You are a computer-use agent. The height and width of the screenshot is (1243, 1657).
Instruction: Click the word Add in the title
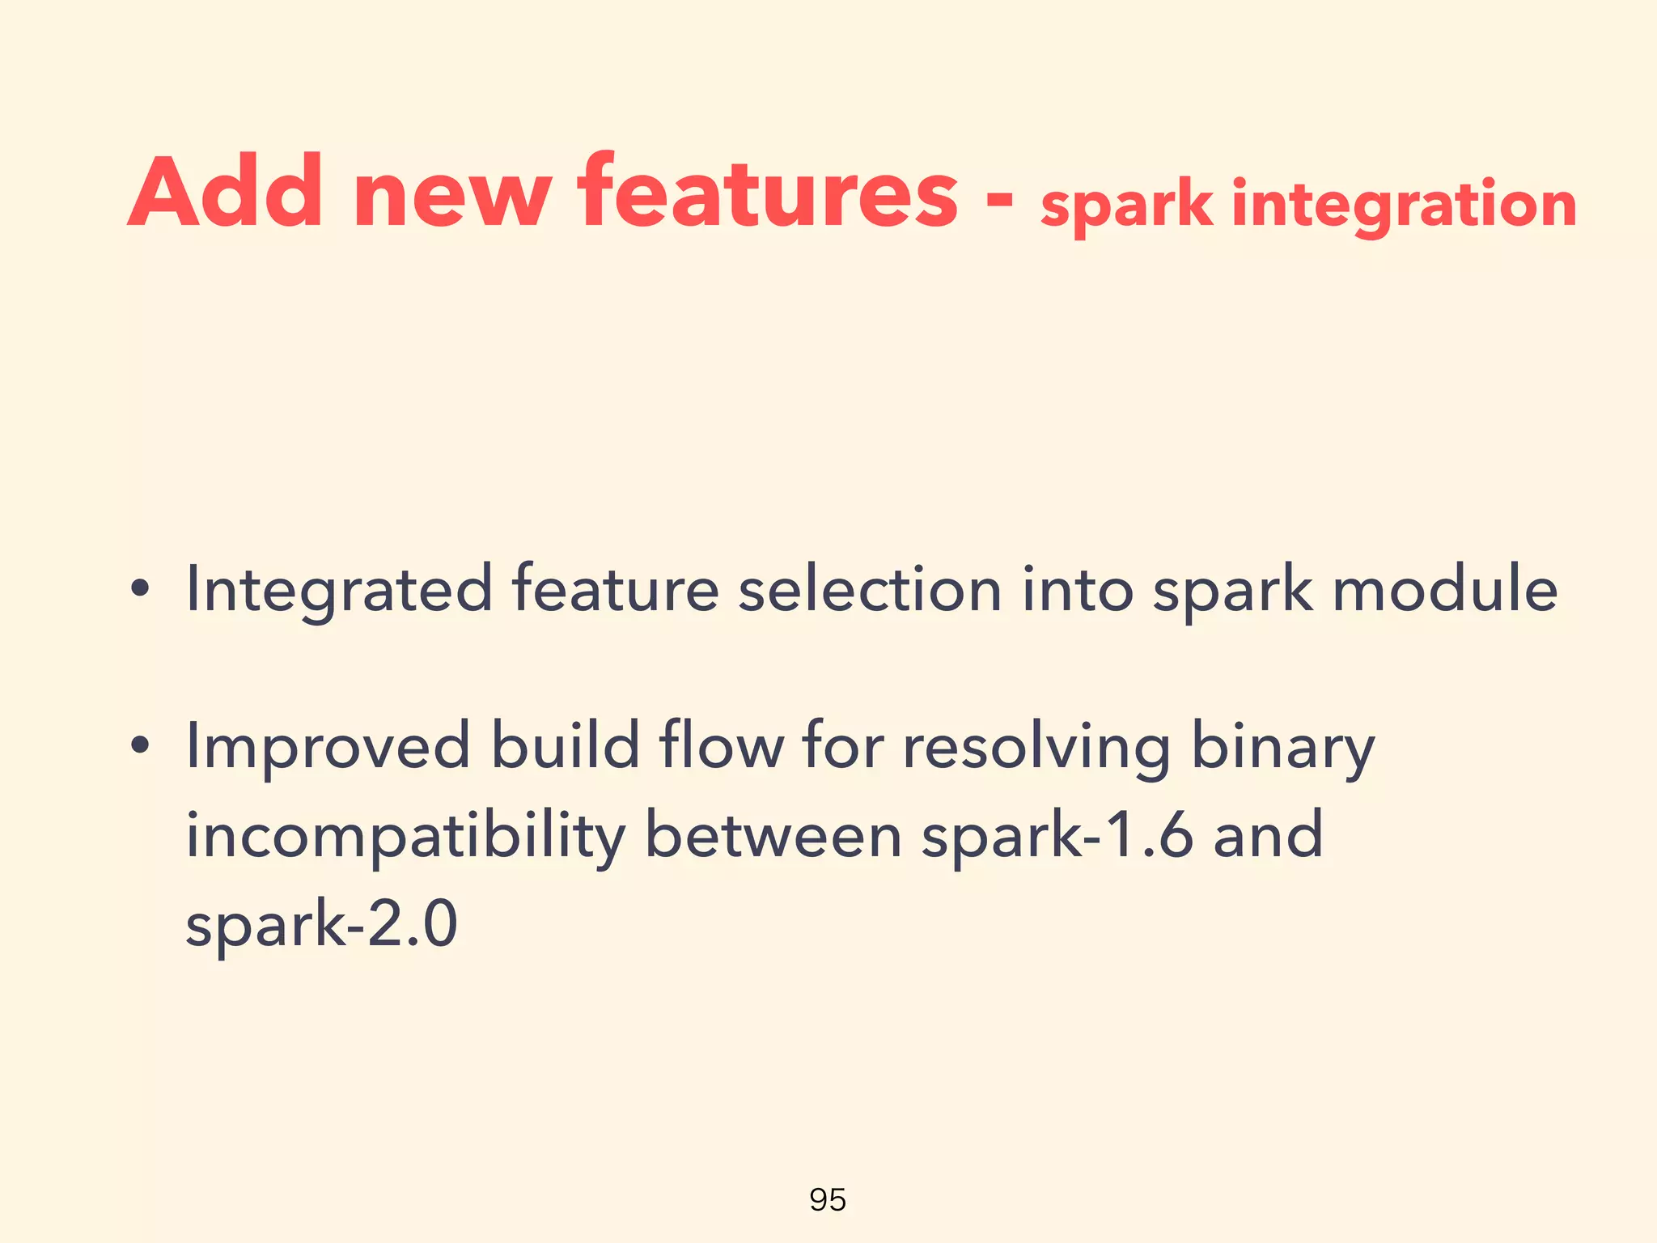[225, 193]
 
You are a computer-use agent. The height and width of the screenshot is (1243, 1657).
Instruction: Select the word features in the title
[767, 193]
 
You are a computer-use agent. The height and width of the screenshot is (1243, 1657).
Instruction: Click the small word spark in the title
[1126, 206]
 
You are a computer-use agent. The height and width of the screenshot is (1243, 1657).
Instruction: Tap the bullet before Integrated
[140, 590]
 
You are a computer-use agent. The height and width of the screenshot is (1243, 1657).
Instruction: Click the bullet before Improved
[140, 745]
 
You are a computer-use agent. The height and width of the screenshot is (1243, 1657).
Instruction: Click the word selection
[870, 589]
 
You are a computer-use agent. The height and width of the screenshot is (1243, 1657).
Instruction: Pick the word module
[1444, 589]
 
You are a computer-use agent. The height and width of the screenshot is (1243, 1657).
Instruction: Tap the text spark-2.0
[321, 925]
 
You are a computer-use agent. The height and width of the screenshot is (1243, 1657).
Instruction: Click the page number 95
[828, 1199]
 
